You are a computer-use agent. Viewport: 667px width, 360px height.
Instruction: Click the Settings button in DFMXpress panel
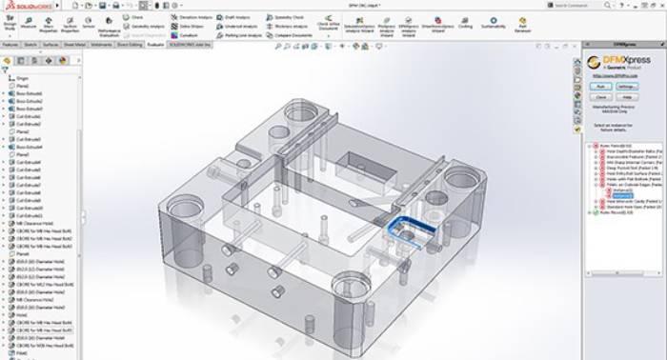(x=626, y=86)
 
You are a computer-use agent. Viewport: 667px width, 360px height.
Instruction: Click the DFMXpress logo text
(x=624, y=62)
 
